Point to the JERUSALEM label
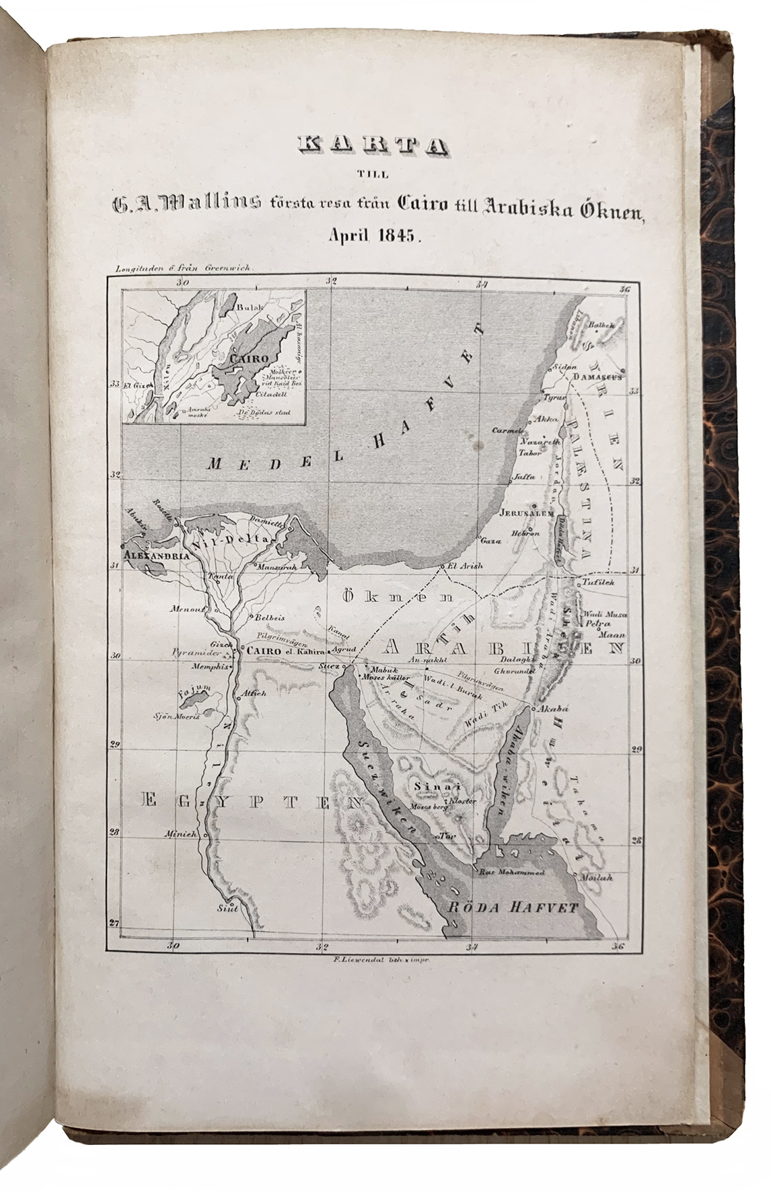526,512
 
